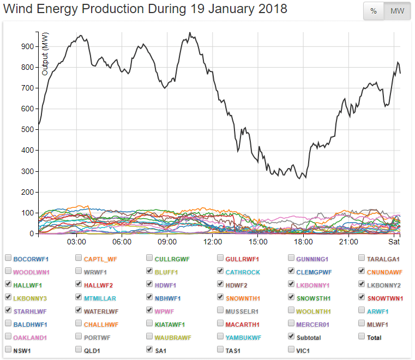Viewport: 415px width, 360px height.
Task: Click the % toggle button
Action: pos(374,11)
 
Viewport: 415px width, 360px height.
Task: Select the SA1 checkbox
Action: pos(150,350)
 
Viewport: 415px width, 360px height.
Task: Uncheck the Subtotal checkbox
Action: pos(292,337)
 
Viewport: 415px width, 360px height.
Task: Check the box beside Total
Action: pos(363,337)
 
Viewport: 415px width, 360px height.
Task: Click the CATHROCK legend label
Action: pos(244,272)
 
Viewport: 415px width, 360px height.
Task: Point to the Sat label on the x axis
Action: pos(394,242)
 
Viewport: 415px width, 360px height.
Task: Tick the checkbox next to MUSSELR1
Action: pos(221,310)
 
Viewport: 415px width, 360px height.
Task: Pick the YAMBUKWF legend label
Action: pos(244,337)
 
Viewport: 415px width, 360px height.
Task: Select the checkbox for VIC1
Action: pos(292,350)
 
